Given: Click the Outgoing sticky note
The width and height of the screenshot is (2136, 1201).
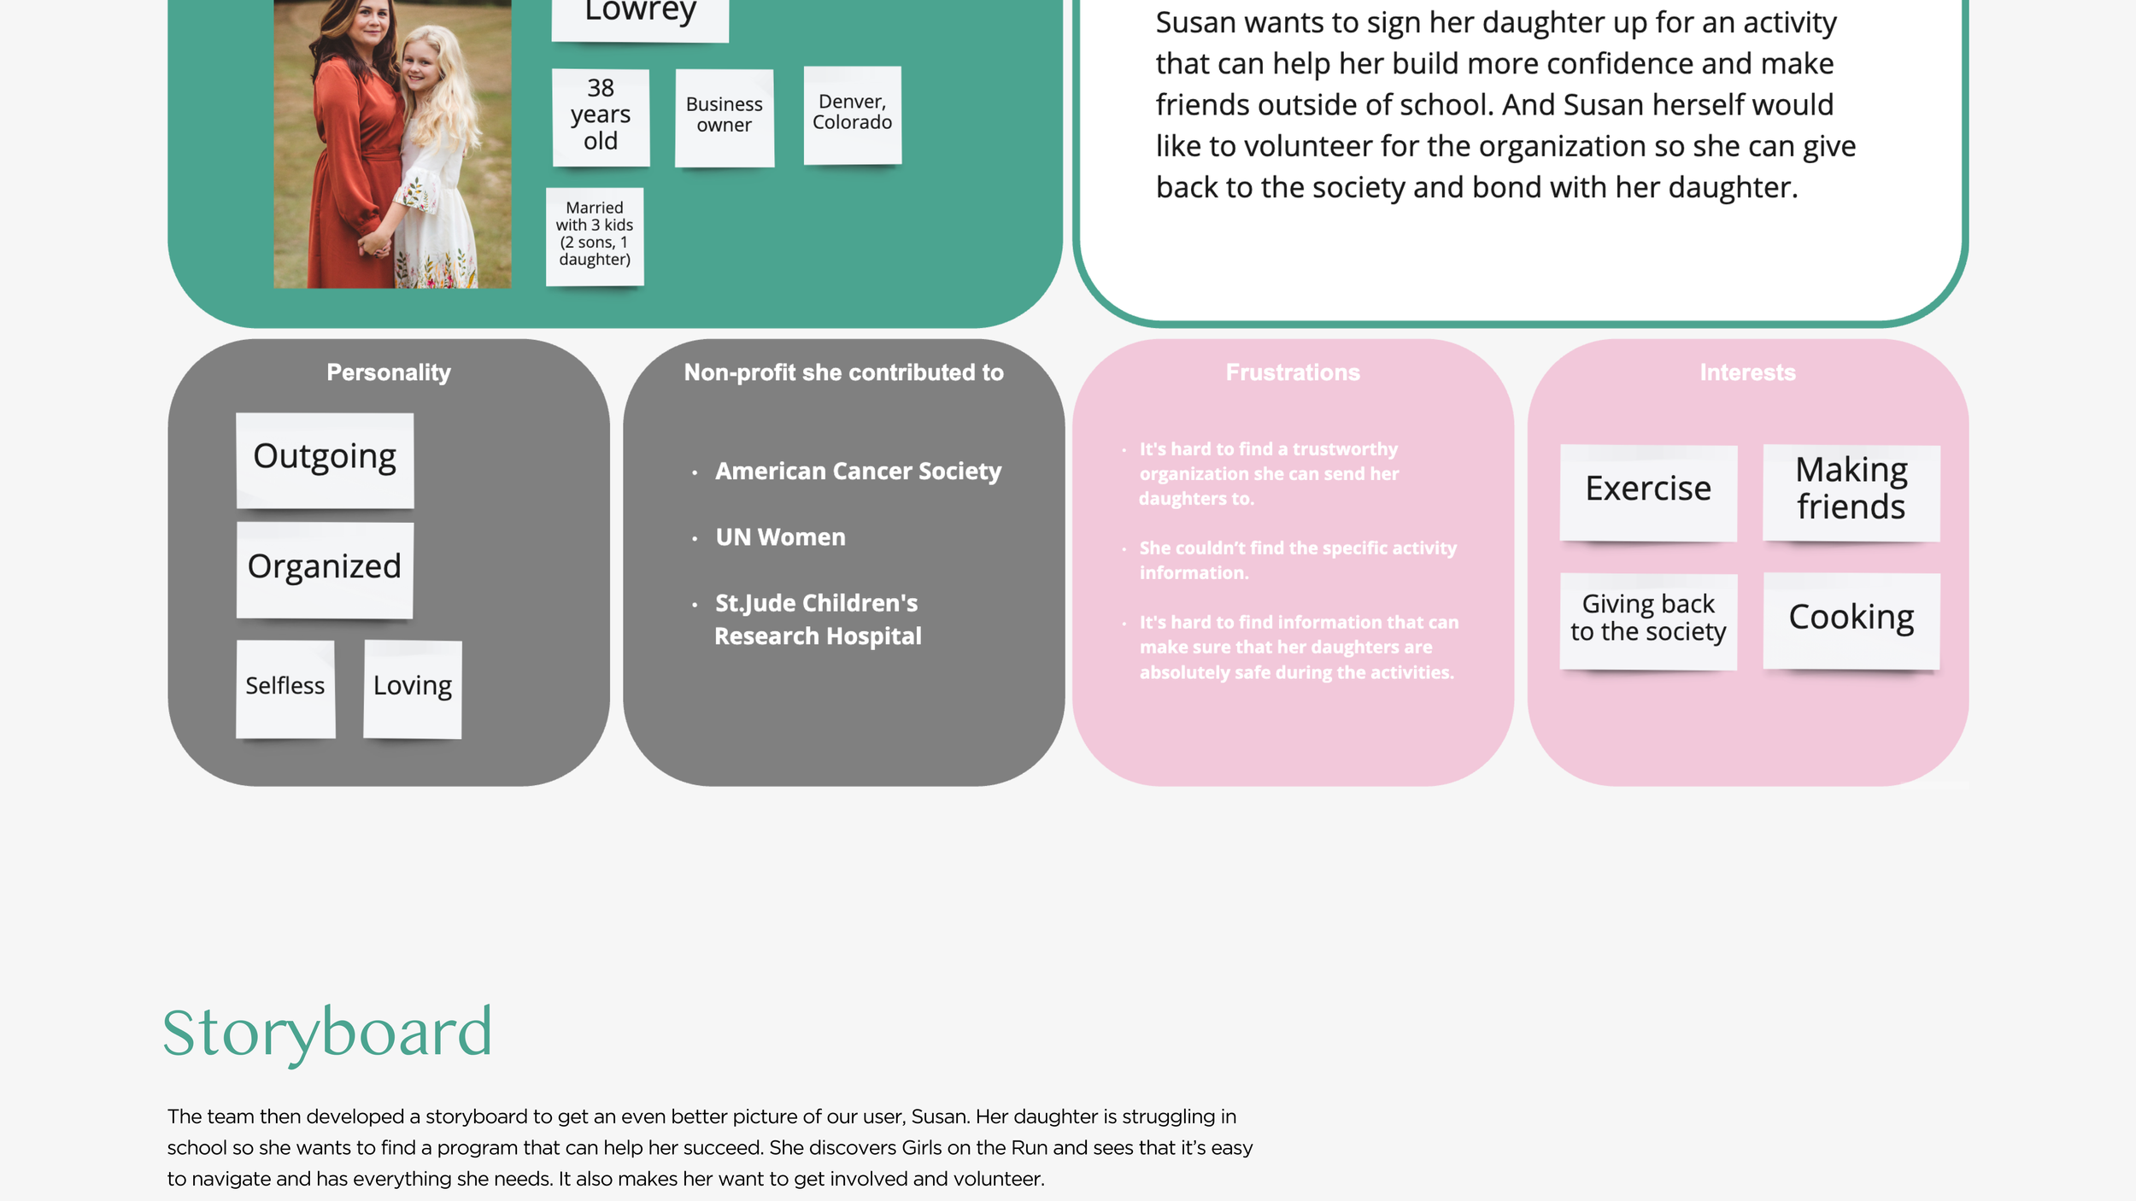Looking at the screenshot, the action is (x=325, y=459).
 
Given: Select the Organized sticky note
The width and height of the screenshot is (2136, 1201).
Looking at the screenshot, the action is (x=325, y=568).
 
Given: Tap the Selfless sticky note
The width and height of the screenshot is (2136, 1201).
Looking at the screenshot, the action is (x=285, y=688).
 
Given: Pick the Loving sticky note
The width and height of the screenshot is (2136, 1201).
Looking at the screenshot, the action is (x=413, y=688).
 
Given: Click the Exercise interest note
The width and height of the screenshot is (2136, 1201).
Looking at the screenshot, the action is (x=1648, y=491).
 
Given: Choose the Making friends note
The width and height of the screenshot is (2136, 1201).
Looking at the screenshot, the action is (x=1851, y=491).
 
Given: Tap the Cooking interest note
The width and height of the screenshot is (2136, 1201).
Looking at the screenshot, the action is (x=1851, y=619).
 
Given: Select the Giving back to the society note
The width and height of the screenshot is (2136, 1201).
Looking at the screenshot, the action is (x=1648, y=619).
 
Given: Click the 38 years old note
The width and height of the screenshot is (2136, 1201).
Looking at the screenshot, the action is (x=601, y=116).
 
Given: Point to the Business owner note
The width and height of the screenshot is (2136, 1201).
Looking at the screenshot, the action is (x=725, y=116).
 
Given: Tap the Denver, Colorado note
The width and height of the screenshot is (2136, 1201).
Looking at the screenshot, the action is (x=852, y=114).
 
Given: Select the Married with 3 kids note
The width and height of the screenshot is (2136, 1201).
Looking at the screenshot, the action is (x=595, y=235).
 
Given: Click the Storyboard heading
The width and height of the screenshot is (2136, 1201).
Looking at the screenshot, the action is (x=327, y=1033).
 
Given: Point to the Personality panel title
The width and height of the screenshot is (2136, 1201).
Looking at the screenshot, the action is (x=389, y=373).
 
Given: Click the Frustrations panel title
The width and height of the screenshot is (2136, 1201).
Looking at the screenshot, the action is (x=1293, y=373).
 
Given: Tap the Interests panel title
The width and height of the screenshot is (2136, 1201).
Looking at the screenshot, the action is (x=1747, y=373).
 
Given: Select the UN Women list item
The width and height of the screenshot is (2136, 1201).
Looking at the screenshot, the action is (x=780, y=537).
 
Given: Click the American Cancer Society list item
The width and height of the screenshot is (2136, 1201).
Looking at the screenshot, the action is (x=858, y=472).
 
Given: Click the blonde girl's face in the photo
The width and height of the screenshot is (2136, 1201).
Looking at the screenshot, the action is (x=425, y=64).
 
